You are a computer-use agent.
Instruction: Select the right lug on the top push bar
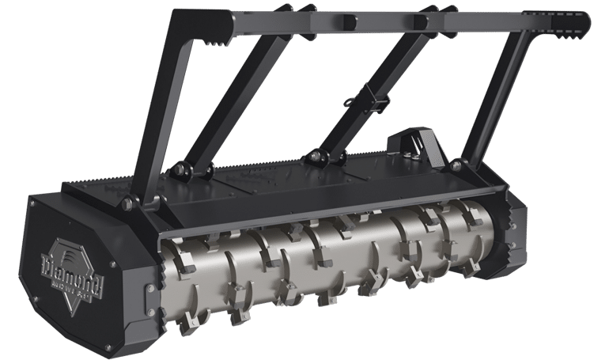[420, 21]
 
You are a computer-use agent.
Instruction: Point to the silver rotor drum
[332, 269]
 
